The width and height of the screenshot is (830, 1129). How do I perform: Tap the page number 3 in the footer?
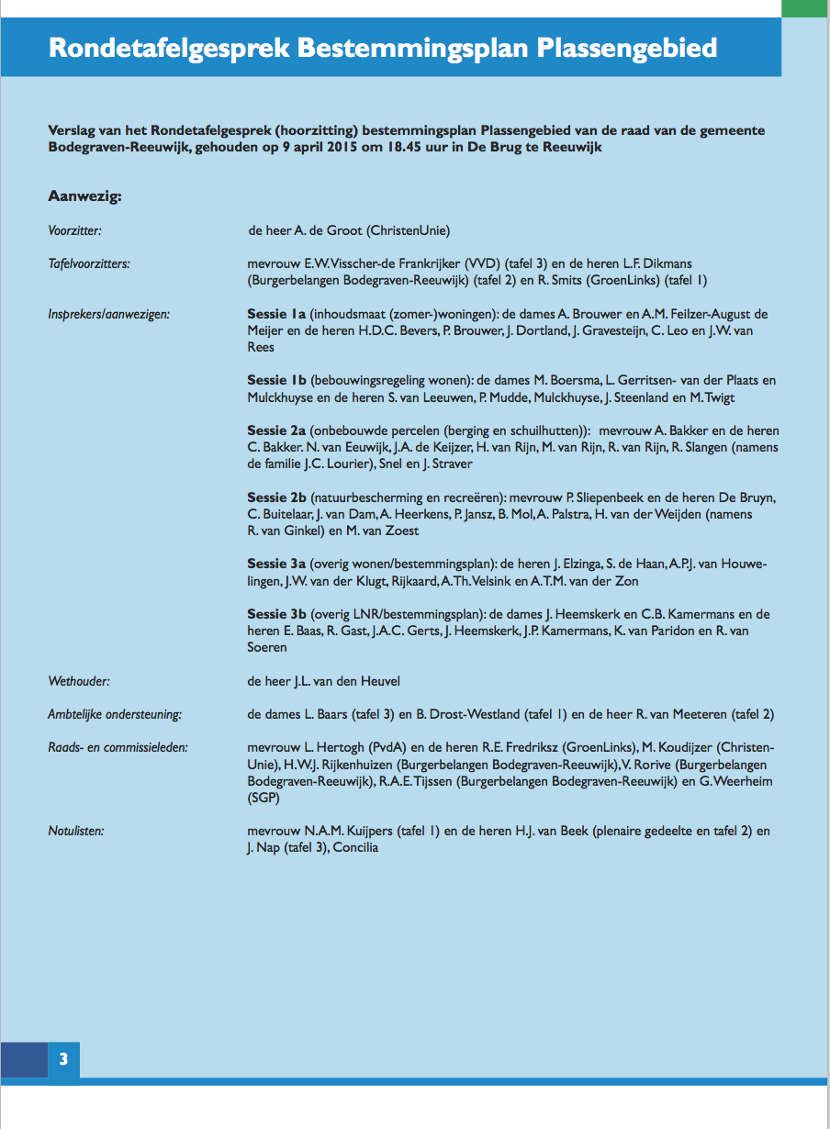tap(63, 1059)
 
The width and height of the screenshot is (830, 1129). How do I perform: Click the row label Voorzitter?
tap(74, 230)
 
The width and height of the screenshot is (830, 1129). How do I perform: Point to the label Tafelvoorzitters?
tap(88, 263)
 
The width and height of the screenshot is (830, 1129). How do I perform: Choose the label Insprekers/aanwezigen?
tap(109, 314)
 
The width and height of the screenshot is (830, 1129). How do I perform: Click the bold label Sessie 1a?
tap(276, 314)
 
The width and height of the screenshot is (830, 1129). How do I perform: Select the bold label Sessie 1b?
tap(276, 380)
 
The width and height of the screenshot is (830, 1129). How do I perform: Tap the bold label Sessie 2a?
tap(276, 430)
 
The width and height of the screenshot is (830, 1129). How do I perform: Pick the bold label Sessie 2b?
tap(277, 497)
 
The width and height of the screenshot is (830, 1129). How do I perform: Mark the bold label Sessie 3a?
tap(276, 564)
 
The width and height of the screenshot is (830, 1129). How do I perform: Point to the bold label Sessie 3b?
tap(276, 614)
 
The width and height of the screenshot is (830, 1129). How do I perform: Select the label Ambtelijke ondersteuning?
tap(115, 714)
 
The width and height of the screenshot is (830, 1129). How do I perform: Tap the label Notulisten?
tap(75, 832)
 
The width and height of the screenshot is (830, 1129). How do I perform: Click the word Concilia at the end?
tap(355, 847)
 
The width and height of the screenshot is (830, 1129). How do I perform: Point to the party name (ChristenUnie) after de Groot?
tap(408, 230)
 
